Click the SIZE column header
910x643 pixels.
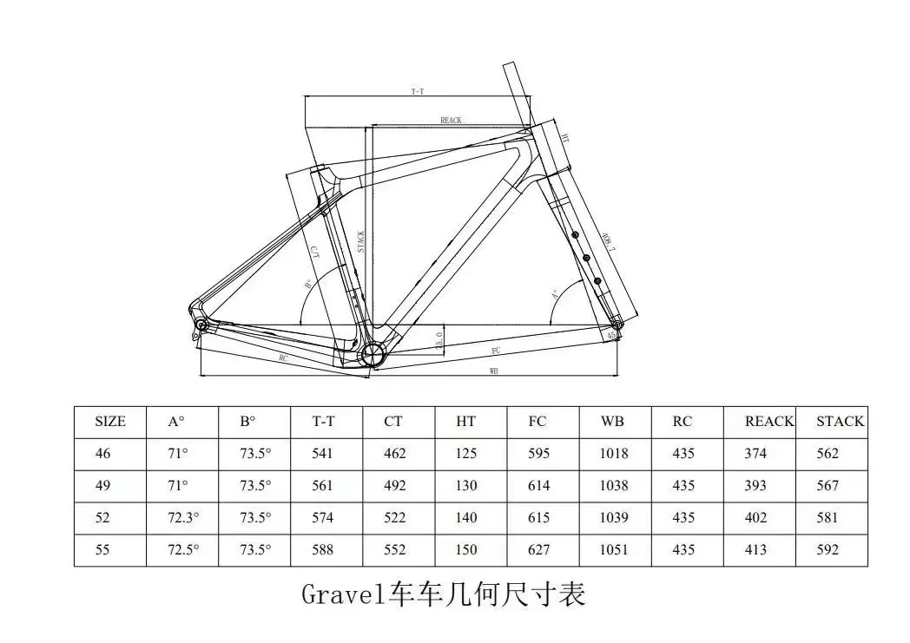tap(110, 422)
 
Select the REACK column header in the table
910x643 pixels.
tap(768, 422)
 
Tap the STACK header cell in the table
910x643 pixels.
tap(840, 422)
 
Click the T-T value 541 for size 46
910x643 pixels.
tap(323, 454)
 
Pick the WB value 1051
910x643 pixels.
tap(613, 550)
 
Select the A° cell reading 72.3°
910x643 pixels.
tap(183, 518)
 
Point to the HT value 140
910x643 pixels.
tap(466, 518)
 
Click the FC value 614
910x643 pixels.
tap(538, 486)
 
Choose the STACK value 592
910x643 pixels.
tap(828, 550)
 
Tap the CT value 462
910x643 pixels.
tap(394, 454)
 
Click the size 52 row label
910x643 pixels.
tap(102, 518)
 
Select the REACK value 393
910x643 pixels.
tap(755, 486)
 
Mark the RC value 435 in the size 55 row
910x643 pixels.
tap(683, 550)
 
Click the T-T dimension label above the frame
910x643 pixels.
tap(418, 92)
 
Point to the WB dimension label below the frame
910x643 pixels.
tap(493, 371)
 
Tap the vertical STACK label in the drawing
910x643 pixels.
tap(360, 240)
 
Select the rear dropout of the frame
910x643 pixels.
tap(201, 324)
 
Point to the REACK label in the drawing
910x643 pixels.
tap(451, 121)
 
